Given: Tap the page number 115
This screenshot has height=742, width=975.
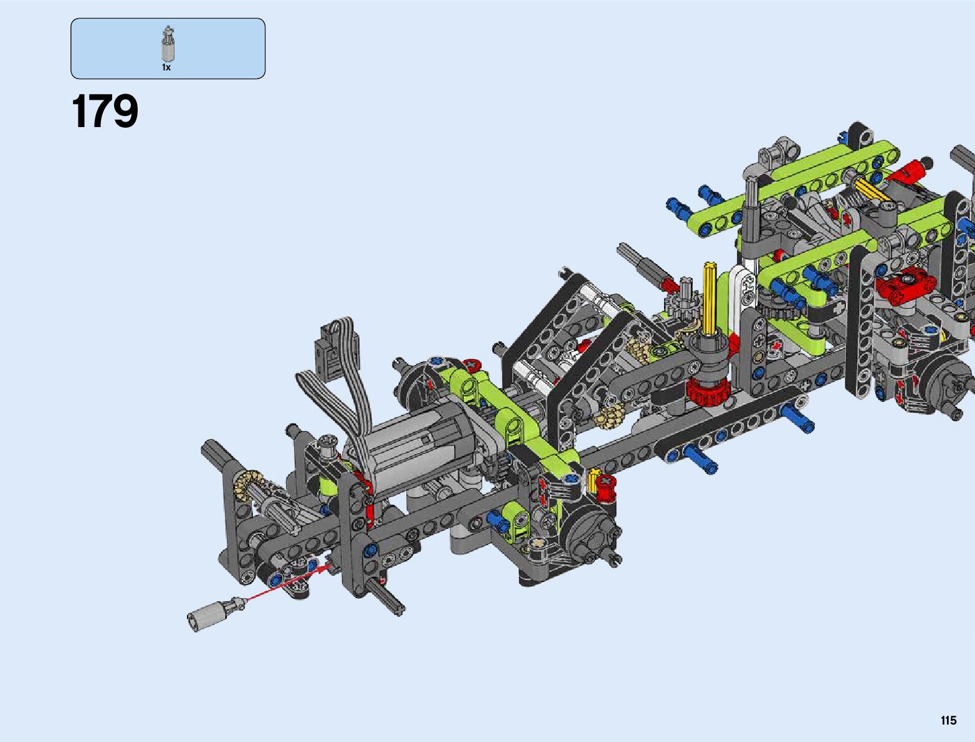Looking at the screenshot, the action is coord(948,720).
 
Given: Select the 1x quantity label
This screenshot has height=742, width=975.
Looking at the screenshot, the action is coord(166,67).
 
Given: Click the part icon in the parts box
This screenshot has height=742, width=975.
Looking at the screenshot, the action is coord(168,44).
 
